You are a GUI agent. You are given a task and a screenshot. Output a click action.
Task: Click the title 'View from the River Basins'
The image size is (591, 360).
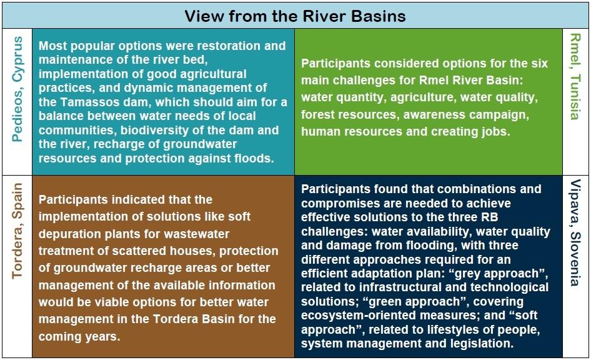[x=295, y=16]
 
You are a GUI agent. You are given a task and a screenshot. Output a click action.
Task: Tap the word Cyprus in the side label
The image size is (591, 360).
[x=17, y=59]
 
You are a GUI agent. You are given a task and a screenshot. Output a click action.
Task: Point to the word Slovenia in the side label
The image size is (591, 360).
[x=575, y=259]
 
